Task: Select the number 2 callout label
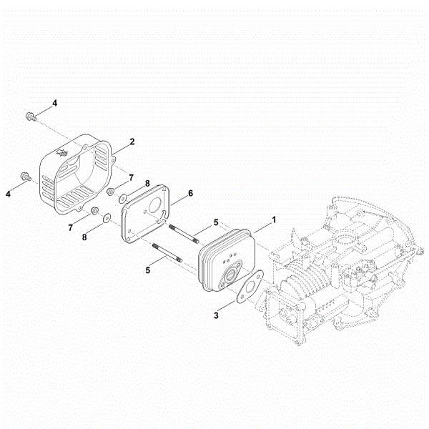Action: click(x=132, y=142)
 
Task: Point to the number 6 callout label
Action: click(x=191, y=194)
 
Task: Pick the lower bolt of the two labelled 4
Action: click(x=26, y=176)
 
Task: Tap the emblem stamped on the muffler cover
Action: click(x=60, y=153)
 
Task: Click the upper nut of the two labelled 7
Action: click(x=111, y=192)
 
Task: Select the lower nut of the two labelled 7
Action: click(x=94, y=211)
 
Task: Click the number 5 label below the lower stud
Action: click(x=149, y=270)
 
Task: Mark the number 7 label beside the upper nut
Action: click(x=131, y=177)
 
